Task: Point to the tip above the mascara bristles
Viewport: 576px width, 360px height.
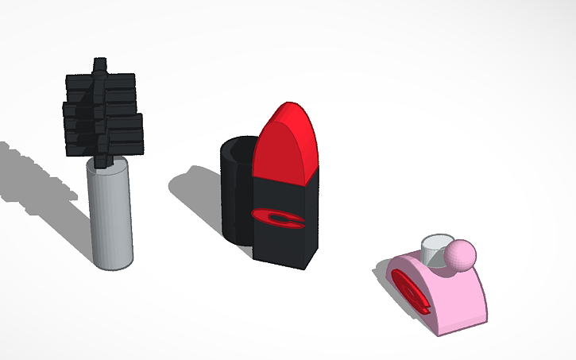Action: (x=99, y=64)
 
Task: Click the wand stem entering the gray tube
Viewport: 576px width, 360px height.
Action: (x=102, y=161)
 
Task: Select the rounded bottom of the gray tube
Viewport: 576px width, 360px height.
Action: (x=112, y=264)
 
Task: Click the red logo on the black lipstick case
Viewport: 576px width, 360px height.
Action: (x=279, y=218)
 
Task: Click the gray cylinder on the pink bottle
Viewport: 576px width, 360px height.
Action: (x=435, y=254)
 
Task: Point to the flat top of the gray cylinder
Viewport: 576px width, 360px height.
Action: (x=436, y=241)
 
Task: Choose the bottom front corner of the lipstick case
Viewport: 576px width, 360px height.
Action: (x=305, y=267)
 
